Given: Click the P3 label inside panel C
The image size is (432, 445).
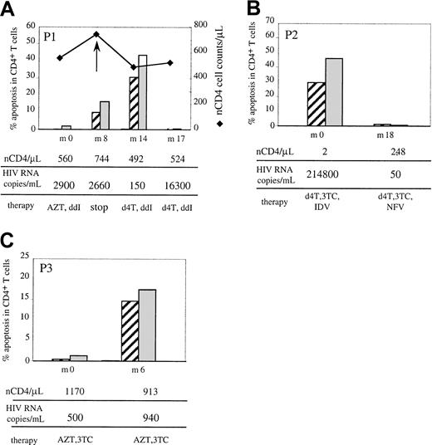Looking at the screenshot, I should (x=47, y=270).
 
